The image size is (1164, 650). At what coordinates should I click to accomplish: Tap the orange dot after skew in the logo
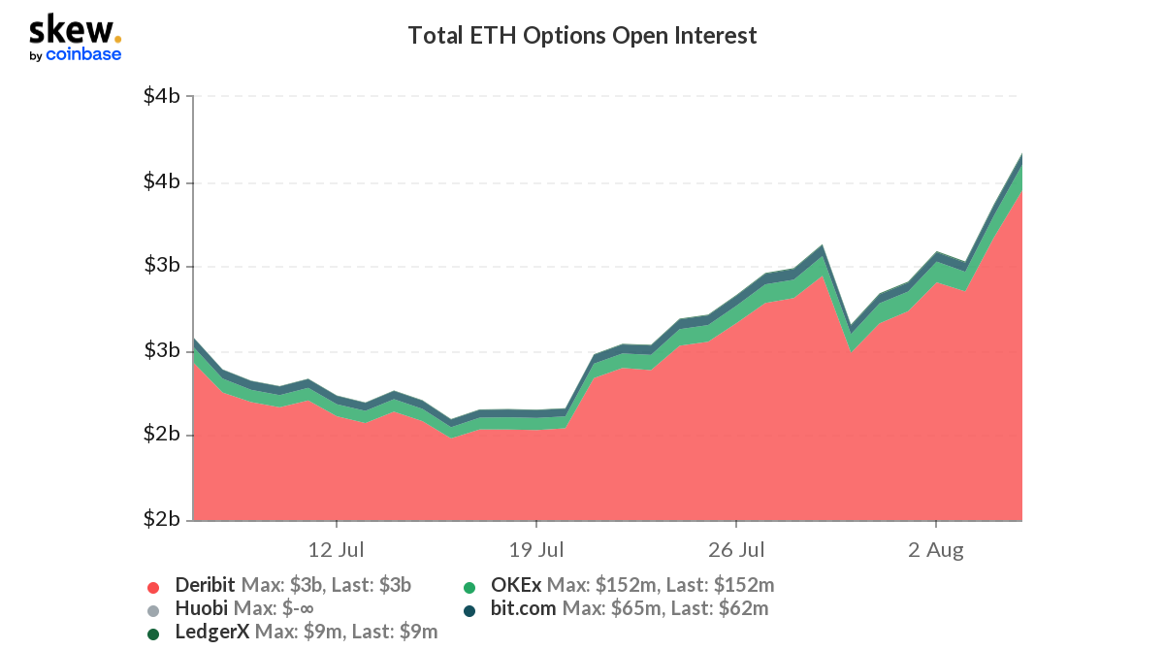point(117,39)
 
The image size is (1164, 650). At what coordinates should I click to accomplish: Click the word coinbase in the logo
point(83,54)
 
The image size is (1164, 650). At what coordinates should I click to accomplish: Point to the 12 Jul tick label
point(336,551)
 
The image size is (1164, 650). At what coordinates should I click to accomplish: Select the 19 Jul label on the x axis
point(536,551)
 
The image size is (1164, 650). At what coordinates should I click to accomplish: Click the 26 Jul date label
point(736,551)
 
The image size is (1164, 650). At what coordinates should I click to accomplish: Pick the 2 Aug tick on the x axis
point(936,551)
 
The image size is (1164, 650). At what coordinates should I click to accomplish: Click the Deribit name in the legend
point(205,585)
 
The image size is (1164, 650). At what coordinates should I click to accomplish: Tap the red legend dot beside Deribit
point(152,586)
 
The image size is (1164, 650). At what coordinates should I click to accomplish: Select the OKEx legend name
point(516,585)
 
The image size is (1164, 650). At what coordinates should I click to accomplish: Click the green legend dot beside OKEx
point(469,586)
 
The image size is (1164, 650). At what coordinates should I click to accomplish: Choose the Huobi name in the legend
point(201,609)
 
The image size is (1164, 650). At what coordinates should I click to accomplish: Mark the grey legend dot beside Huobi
point(152,610)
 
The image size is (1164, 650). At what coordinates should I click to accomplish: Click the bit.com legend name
point(524,609)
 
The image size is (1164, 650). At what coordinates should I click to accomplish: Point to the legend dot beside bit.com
point(469,610)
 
